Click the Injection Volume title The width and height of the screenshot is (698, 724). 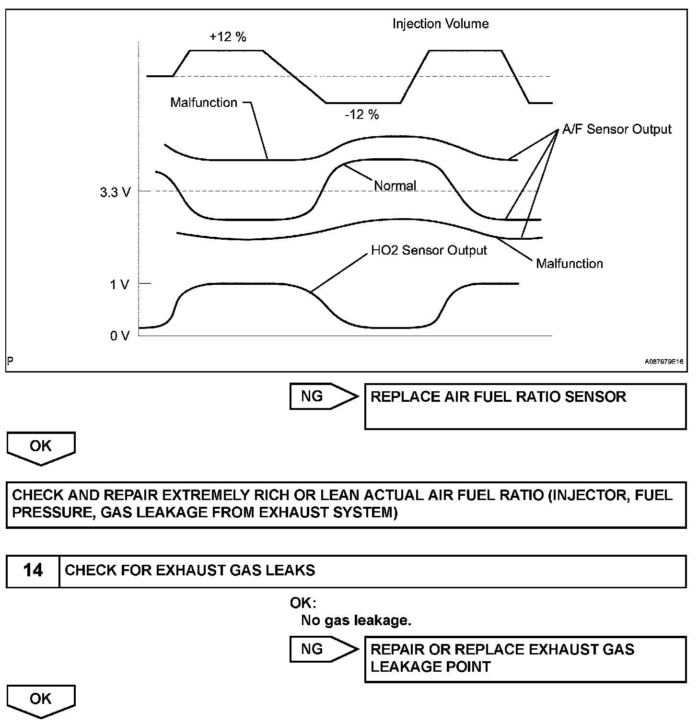[441, 24]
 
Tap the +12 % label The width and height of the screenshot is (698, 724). [228, 37]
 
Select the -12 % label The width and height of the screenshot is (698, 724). [362, 115]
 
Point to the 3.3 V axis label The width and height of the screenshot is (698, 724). [115, 193]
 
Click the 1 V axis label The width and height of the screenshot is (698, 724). [119, 285]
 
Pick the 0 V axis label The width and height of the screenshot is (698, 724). [119, 336]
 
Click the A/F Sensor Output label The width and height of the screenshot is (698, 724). [617, 129]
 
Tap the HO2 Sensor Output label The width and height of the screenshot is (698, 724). [429, 250]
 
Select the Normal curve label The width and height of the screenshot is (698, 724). [395, 186]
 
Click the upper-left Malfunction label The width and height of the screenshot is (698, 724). [204, 103]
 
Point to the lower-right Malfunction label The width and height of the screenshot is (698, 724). [569, 263]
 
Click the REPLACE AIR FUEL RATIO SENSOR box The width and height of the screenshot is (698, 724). [525, 406]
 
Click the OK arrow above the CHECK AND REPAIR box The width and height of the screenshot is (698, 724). [41, 447]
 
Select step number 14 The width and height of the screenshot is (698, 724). [33, 571]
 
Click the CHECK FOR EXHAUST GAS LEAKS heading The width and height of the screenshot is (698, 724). [190, 571]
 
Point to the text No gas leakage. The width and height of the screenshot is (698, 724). [356, 620]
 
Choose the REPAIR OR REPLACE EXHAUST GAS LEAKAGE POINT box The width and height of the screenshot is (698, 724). [525, 659]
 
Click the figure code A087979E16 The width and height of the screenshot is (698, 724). [663, 362]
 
